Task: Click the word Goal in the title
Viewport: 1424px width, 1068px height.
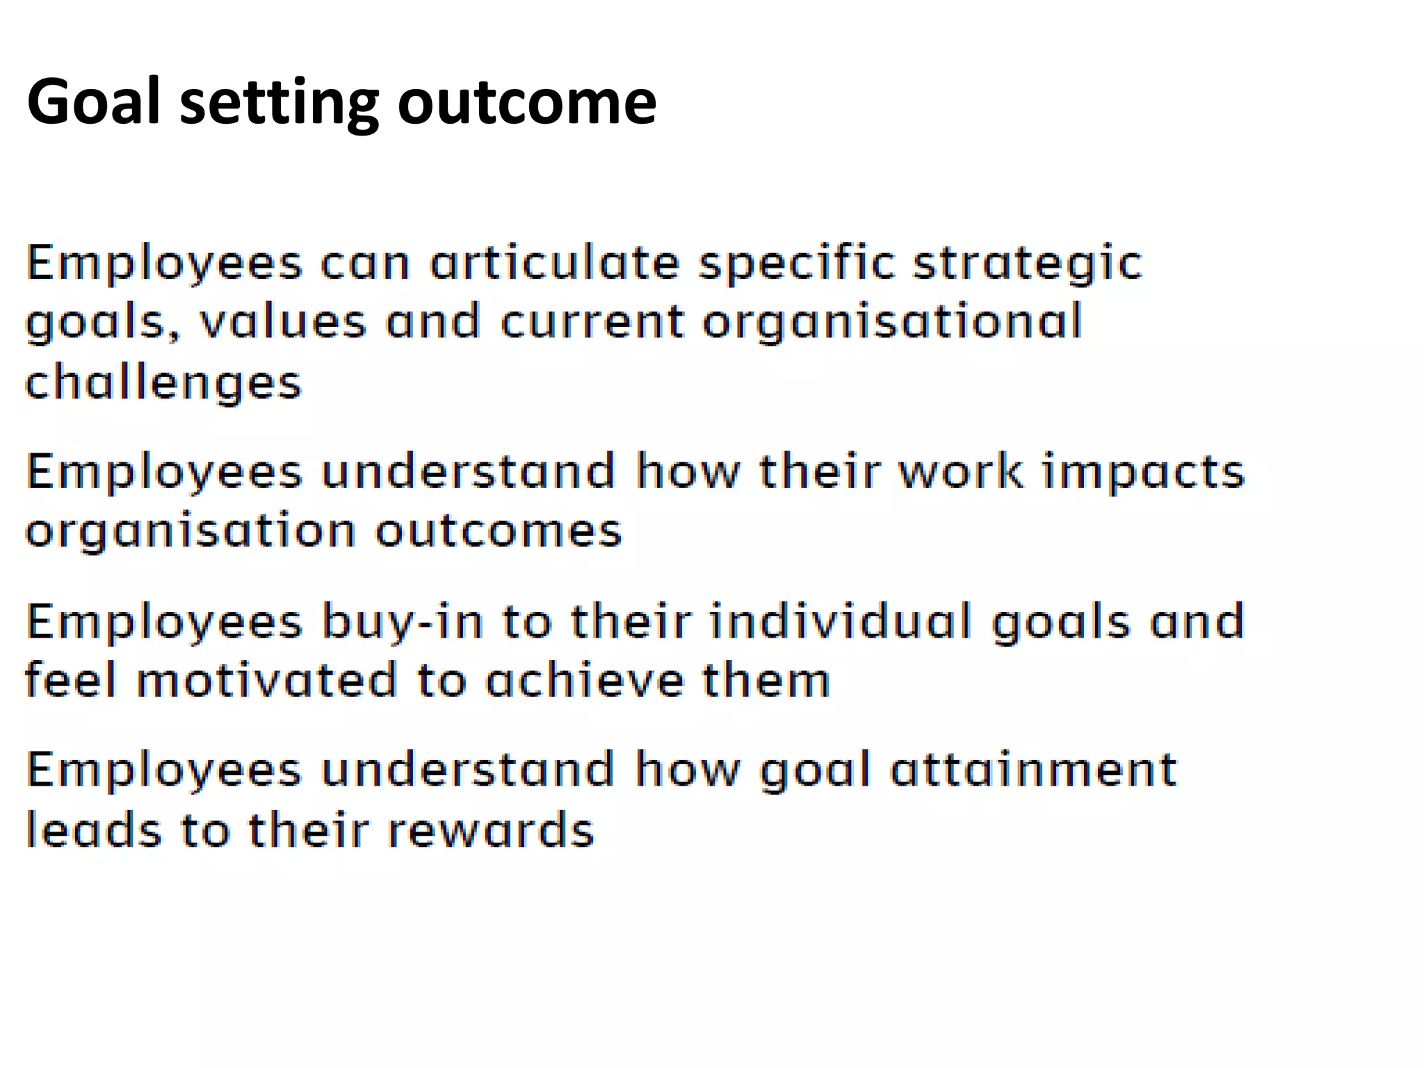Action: point(94,102)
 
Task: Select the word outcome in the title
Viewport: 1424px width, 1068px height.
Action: point(526,102)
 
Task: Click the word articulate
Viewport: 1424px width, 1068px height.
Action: point(554,264)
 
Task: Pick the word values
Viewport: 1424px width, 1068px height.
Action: point(282,323)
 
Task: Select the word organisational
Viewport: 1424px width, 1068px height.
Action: point(892,324)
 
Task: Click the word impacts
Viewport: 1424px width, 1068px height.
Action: point(1142,473)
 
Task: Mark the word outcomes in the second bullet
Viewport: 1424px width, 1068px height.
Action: point(499,531)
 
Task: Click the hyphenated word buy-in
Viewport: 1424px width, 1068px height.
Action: point(403,622)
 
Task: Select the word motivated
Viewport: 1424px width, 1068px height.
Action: point(266,681)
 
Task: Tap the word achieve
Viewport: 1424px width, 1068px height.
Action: point(585,681)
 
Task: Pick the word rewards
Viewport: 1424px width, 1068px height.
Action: point(490,830)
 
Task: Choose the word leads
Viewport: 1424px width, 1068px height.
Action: point(94,830)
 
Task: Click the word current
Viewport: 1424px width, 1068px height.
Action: point(592,323)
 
